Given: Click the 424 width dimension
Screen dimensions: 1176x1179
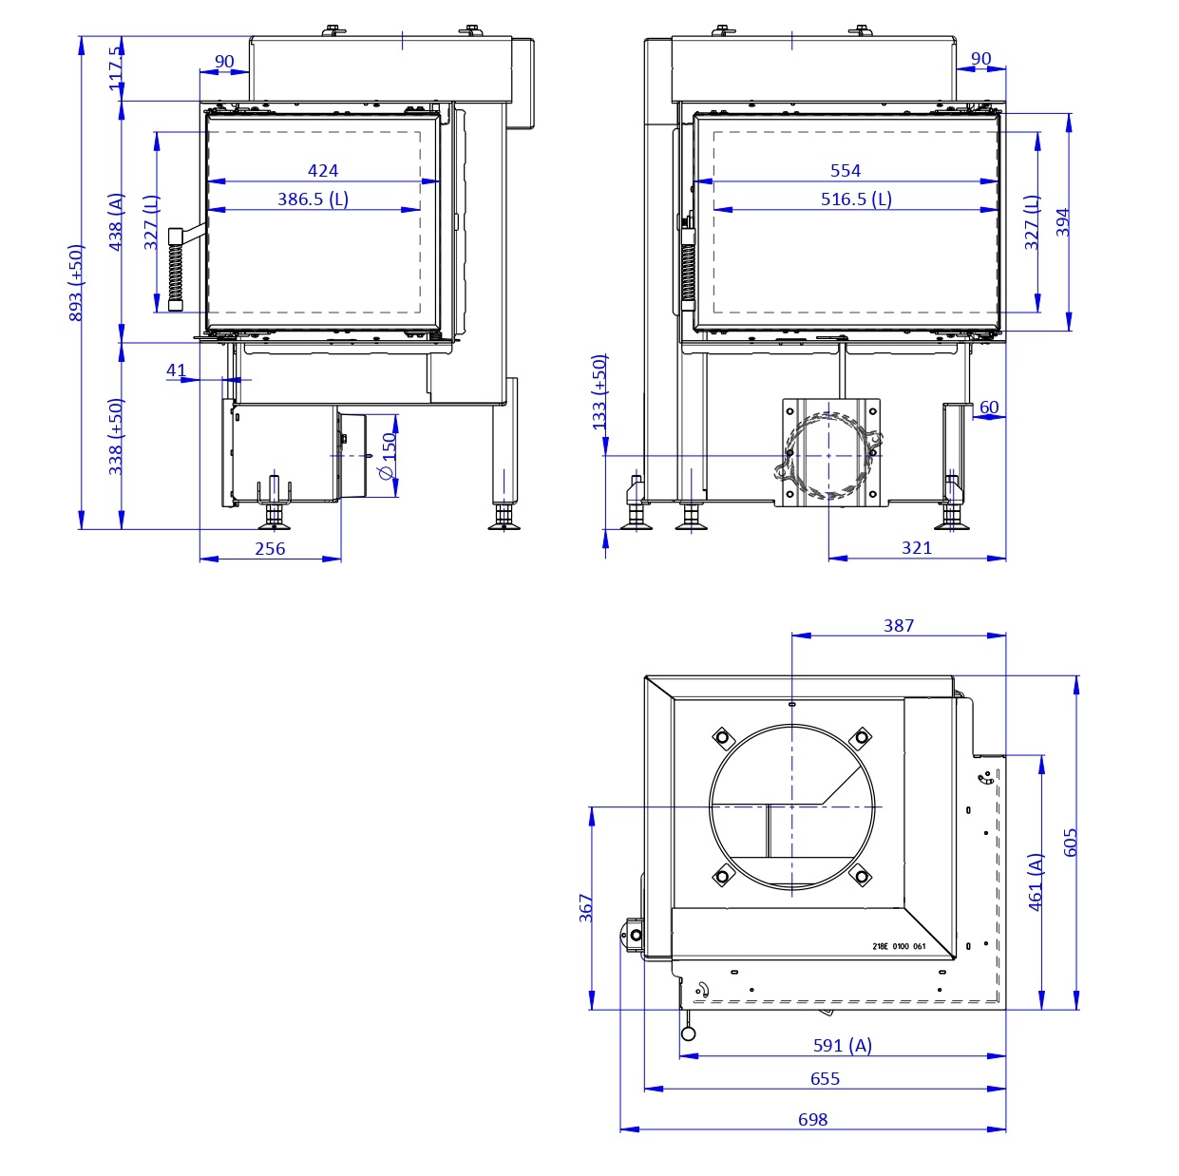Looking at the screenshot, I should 323,171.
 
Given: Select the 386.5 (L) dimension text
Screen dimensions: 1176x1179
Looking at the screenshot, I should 314,199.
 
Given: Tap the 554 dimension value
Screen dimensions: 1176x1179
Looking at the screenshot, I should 845,171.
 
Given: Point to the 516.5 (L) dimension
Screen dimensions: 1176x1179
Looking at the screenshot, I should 856,199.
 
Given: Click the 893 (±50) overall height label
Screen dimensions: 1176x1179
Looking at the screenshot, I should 77,283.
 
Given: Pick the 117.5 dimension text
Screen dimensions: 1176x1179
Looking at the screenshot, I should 116,69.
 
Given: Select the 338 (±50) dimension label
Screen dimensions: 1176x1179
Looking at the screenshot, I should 116,436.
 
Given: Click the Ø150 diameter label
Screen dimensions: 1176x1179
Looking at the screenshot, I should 388,457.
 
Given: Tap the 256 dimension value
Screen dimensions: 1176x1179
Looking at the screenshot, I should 270,548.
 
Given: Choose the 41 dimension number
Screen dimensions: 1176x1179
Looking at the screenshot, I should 177,370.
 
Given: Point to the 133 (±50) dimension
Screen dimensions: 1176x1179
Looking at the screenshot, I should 599,392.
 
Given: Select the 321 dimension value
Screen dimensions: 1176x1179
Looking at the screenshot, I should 916,548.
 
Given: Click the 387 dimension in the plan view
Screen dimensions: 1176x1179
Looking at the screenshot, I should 898,625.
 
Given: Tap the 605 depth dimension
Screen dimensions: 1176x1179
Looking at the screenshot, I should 1071,843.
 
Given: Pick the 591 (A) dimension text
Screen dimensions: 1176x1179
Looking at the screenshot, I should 842,1045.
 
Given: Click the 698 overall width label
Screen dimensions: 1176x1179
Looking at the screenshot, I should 812,1119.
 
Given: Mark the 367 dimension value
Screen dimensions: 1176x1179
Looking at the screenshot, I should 586,907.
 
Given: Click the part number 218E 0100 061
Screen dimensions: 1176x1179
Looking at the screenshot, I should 898,946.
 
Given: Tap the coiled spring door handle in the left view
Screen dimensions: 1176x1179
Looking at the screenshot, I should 176,270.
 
